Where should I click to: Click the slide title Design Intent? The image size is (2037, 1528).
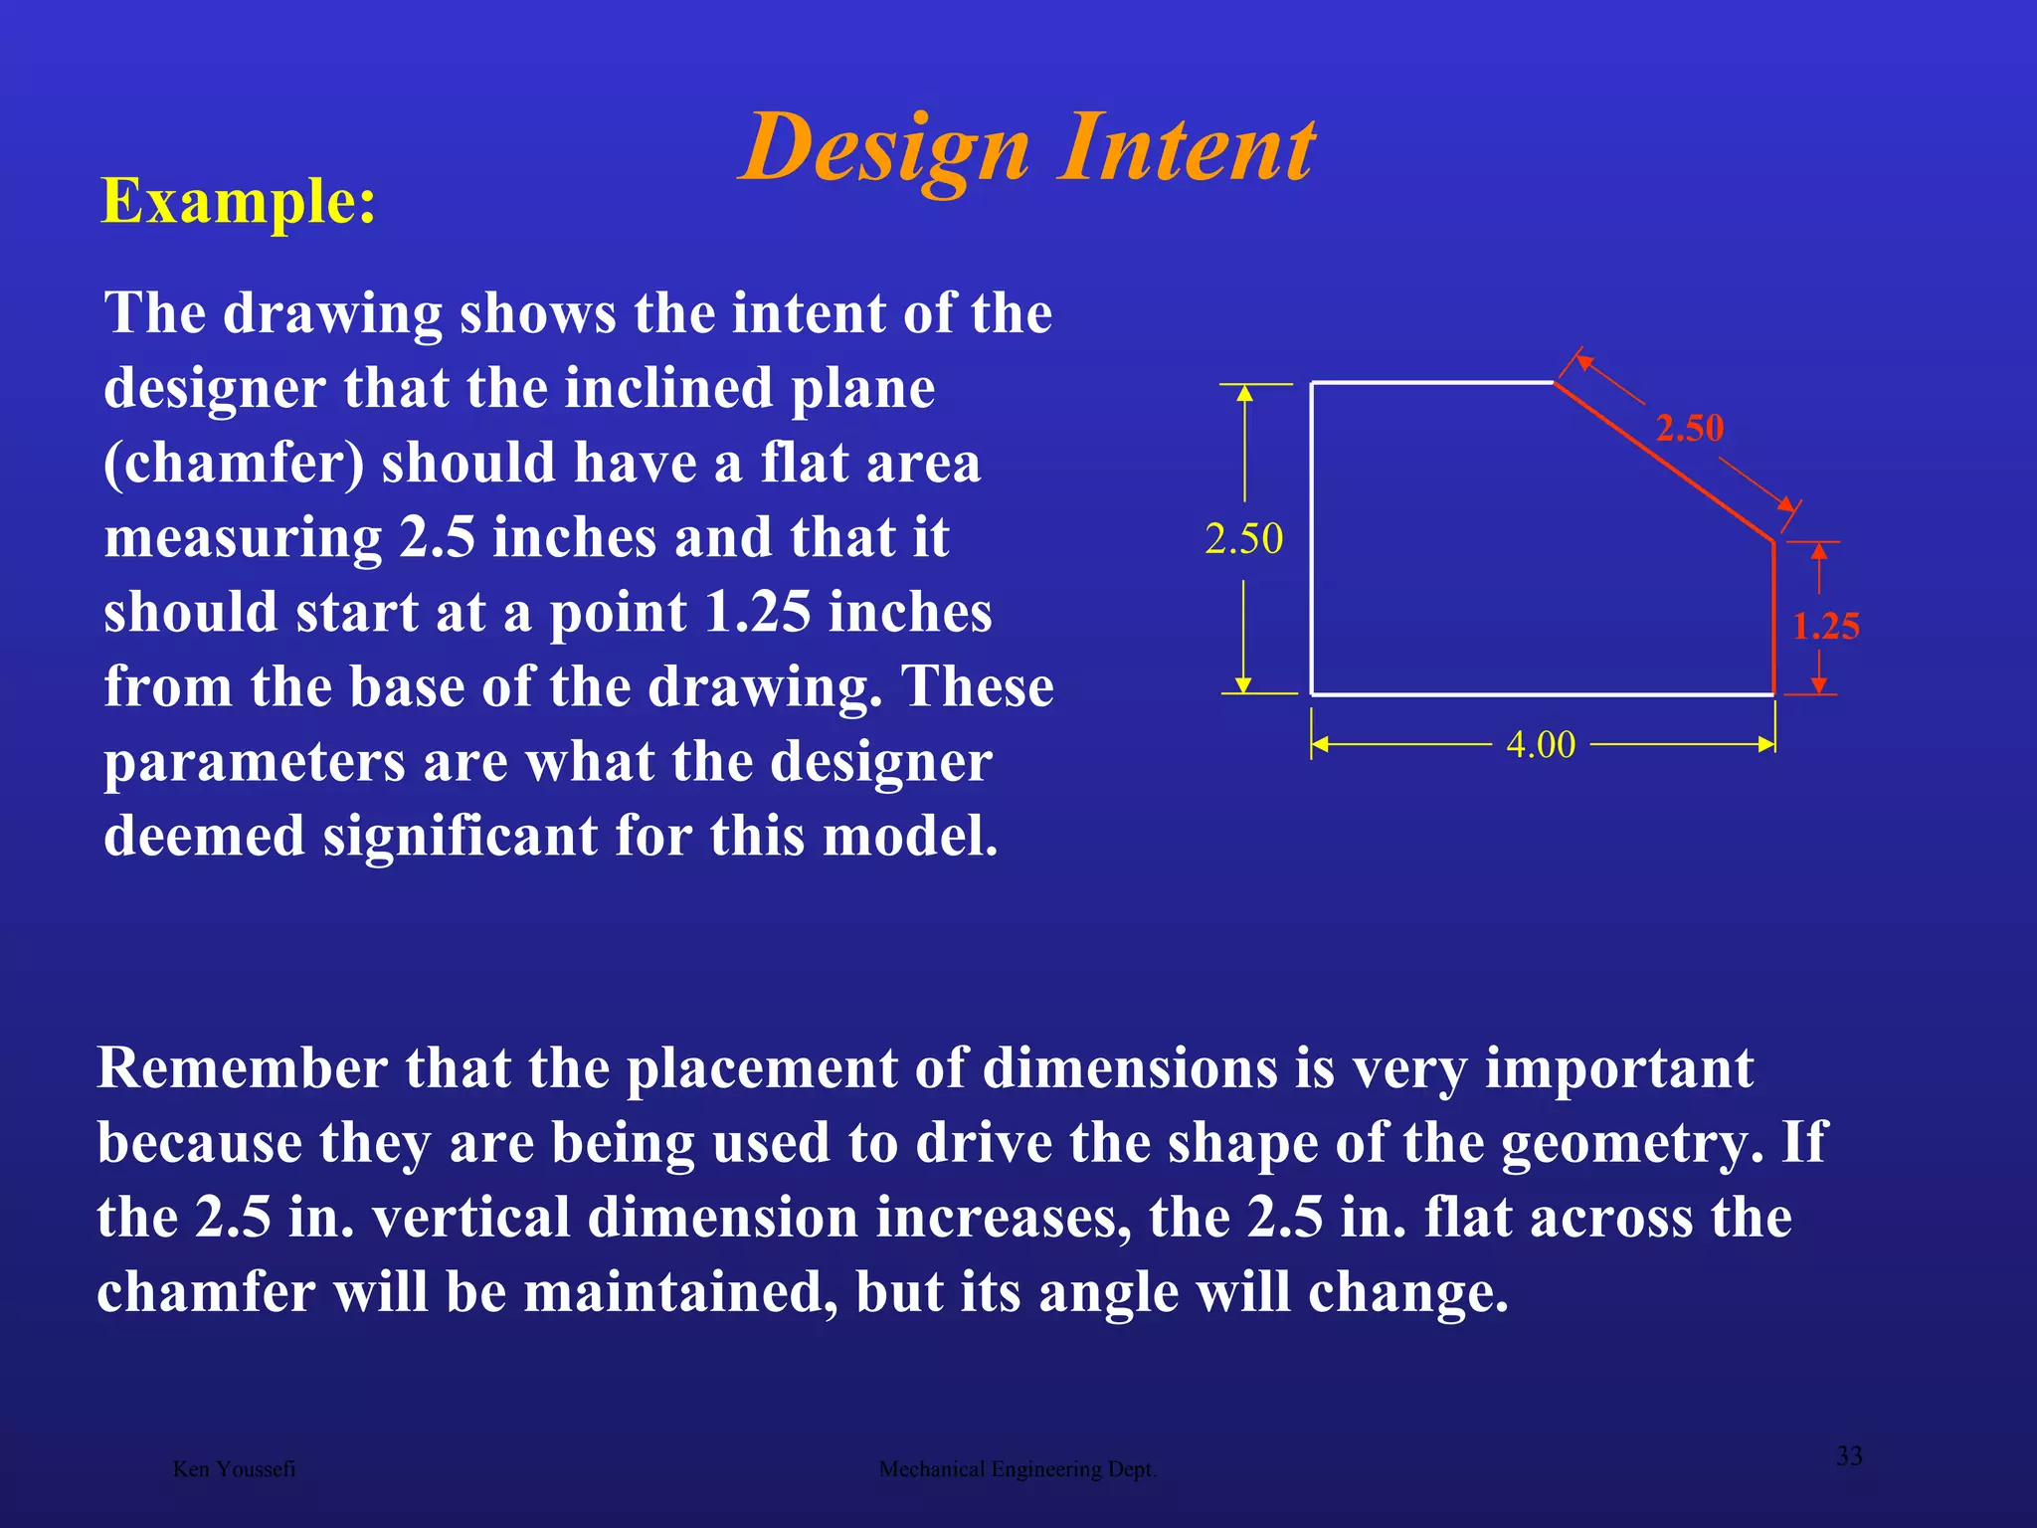(x=1027, y=148)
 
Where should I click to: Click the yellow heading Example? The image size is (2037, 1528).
(x=239, y=201)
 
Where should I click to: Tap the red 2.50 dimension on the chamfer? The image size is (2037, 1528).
(x=1689, y=428)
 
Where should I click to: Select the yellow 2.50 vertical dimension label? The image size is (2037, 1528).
(x=1243, y=539)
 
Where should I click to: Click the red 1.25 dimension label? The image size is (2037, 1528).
(x=1825, y=627)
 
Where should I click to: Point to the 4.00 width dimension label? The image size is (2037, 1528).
(x=1541, y=744)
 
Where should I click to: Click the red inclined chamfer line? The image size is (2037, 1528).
(x=1664, y=462)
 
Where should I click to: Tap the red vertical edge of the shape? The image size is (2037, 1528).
(x=1773, y=617)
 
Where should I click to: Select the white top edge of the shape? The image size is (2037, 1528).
(x=1432, y=382)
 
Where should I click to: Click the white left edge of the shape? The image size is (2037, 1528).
(x=1311, y=537)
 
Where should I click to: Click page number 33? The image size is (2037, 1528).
(x=1848, y=1456)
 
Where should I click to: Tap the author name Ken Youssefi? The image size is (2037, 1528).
(x=234, y=1469)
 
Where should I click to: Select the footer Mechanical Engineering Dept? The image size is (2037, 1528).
(x=1018, y=1469)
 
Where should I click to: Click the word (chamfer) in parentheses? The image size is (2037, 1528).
(x=234, y=464)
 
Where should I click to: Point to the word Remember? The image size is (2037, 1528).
(x=242, y=1068)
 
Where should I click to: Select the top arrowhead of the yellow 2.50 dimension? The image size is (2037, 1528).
(x=1243, y=393)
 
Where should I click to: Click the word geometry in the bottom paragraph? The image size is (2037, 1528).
(x=1623, y=1143)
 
